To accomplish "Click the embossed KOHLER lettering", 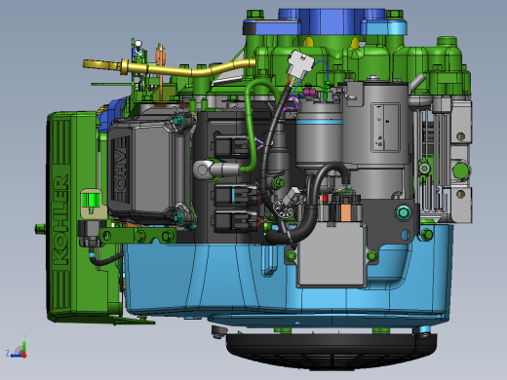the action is point(60,220).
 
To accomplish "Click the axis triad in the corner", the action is point(17,348).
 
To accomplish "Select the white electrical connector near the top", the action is point(300,63).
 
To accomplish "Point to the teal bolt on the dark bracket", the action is point(403,212).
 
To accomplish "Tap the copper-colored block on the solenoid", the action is point(346,211).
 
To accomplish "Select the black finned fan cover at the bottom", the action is point(331,352).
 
